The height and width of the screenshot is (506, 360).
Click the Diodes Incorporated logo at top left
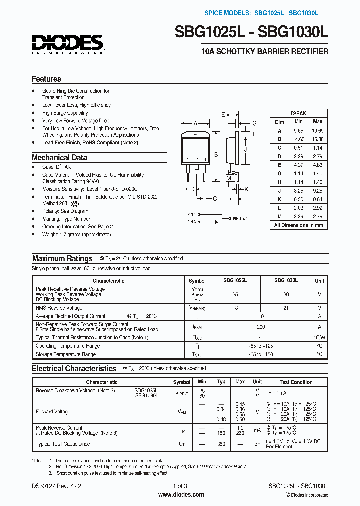coord(67,43)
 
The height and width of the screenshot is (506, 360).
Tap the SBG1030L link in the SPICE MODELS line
coord(303,13)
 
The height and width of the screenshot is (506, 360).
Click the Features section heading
coord(46,79)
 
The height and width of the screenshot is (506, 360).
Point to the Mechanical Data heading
coord(59,158)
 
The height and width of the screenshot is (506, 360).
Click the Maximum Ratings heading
coord(62,259)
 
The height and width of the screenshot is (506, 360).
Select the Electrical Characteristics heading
coord(74,369)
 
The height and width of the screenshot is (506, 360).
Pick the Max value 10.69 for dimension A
coord(317,130)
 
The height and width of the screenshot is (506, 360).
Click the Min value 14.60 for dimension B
coord(298,139)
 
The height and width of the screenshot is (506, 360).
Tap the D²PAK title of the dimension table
coord(298,113)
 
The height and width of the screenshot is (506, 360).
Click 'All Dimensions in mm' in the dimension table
coord(298,225)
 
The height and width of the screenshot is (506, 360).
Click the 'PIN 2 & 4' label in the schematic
coord(240,218)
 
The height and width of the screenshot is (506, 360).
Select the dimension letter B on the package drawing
coord(216,155)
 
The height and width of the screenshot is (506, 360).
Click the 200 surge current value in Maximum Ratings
coord(260,326)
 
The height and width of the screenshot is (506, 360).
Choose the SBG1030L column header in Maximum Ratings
coord(286,281)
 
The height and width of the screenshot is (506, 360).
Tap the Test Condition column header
coord(296,382)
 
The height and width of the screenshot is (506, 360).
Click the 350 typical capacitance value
coord(221,444)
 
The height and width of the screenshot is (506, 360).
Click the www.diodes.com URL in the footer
coord(181,495)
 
